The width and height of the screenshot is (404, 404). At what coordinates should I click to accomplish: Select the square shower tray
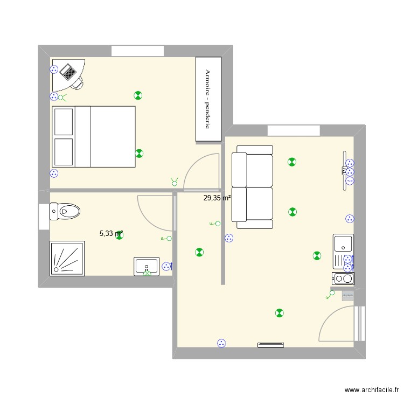click(x=67, y=258)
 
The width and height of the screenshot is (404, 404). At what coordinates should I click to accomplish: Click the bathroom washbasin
click(x=147, y=266)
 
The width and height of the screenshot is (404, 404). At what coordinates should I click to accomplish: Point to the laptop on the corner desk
click(x=68, y=71)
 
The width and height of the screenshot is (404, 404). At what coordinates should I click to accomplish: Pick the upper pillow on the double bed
click(x=64, y=122)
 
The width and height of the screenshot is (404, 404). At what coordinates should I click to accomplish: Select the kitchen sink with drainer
click(x=343, y=251)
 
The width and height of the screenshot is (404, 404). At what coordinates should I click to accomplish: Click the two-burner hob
click(x=343, y=278)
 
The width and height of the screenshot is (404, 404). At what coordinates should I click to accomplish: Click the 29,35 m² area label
click(x=217, y=198)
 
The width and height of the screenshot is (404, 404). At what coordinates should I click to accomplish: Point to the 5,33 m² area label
click(x=111, y=234)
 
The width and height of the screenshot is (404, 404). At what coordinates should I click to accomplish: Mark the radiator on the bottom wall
click(x=270, y=345)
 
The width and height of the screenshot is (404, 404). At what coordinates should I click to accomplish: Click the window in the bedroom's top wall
click(x=137, y=51)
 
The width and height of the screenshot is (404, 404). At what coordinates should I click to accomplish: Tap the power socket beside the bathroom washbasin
click(x=166, y=266)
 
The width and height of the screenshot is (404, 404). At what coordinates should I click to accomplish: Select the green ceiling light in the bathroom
click(x=119, y=235)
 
